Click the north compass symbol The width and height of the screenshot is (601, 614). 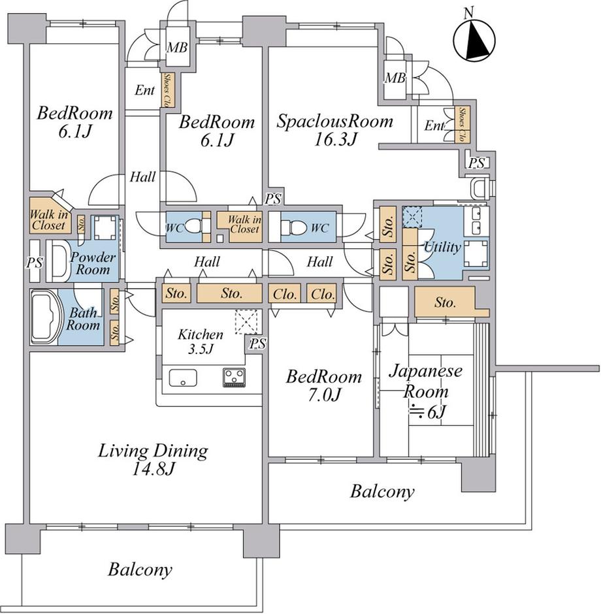coord(474,40)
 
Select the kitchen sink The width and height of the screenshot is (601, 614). coord(183,378)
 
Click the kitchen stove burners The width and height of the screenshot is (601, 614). coord(235,377)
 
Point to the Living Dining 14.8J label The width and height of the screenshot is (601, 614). coord(153,459)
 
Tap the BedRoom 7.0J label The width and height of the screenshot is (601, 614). coord(324,385)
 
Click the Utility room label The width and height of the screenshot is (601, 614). coord(442,247)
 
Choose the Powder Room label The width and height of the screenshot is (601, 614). coord(92,263)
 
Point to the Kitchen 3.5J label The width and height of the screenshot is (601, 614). coord(201,341)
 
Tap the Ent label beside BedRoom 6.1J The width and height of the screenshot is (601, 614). coord(144,91)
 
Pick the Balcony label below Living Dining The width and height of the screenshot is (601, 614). coord(140,570)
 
